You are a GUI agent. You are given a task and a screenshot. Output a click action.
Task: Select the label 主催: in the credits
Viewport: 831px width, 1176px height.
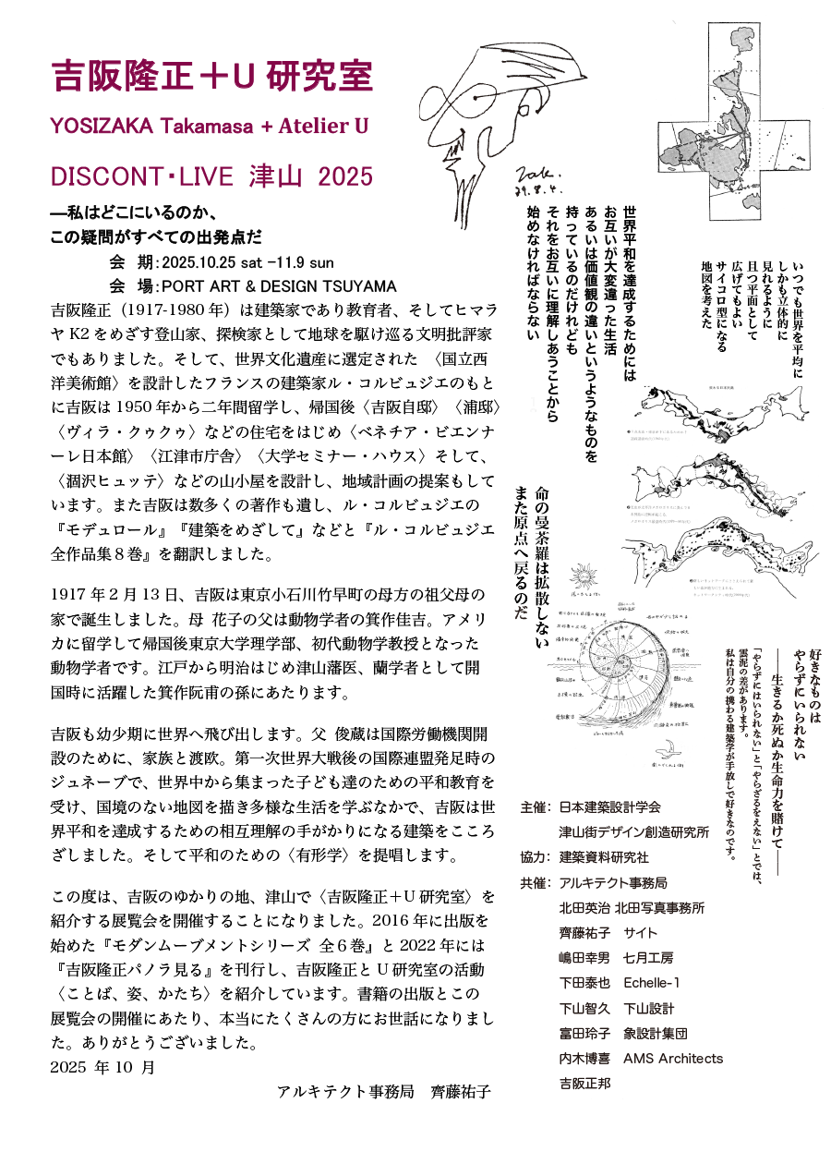pos(535,806)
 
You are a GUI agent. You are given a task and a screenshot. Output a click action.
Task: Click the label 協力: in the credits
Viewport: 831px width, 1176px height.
pos(535,856)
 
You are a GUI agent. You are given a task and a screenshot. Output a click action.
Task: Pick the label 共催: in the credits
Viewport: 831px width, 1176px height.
pos(535,882)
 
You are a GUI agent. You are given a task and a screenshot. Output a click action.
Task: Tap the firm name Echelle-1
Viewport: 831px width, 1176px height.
pos(651,982)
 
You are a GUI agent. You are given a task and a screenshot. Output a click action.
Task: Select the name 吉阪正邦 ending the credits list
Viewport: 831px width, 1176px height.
pos(584,1083)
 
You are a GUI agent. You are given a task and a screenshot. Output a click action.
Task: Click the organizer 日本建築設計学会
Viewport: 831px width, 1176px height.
pos(610,806)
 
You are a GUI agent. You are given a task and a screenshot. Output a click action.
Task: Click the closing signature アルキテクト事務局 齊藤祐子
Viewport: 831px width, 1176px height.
pos(383,1092)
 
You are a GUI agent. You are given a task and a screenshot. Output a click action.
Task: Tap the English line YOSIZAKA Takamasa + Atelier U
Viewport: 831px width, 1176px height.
pos(211,125)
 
